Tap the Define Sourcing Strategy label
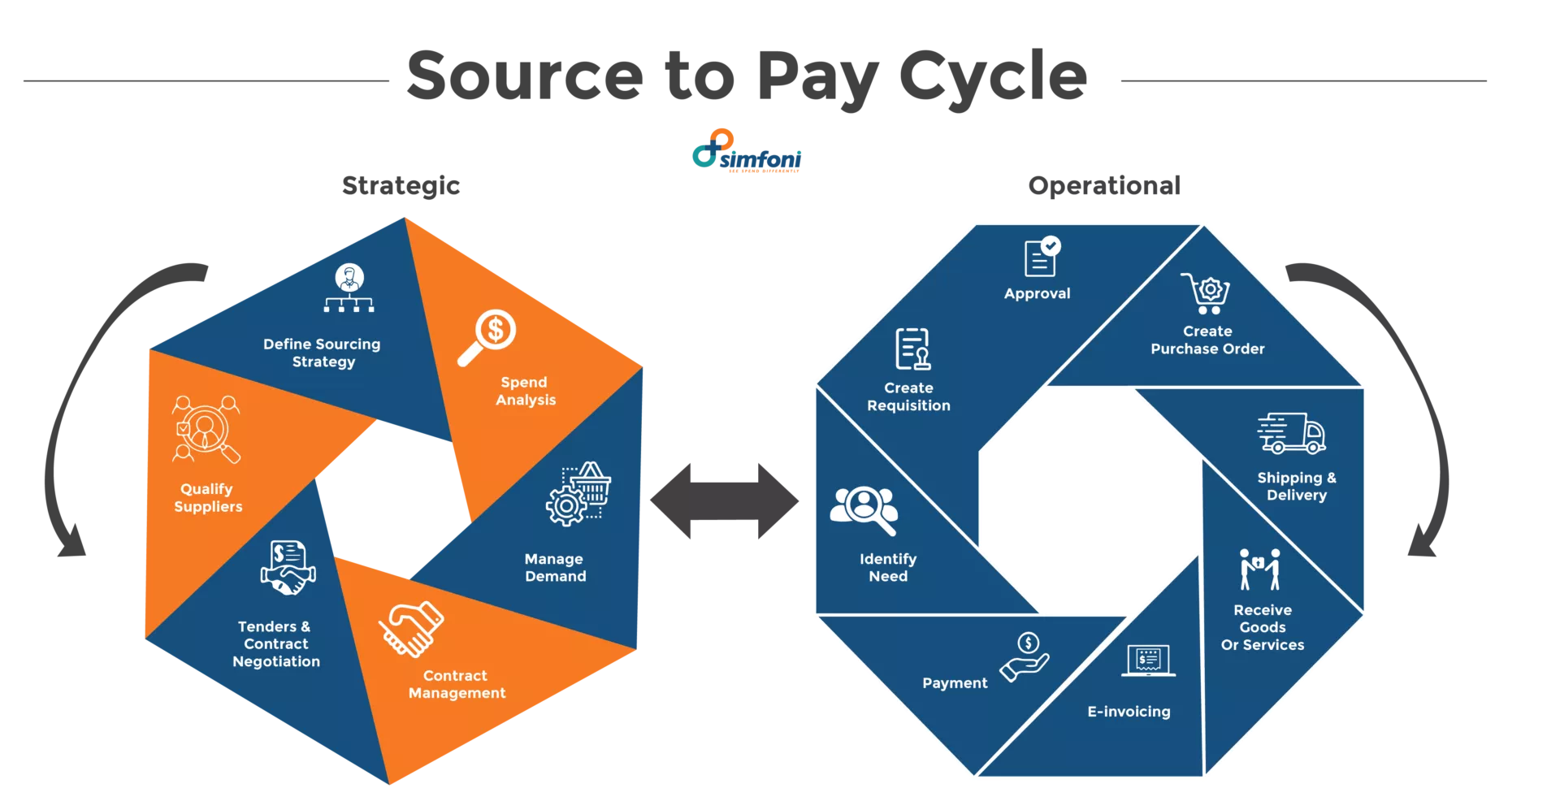pyautogui.click(x=323, y=353)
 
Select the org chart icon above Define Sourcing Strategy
pyautogui.click(x=349, y=288)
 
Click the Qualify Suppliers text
pyautogui.click(x=208, y=497)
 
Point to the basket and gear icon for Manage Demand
pyautogui.click(x=578, y=493)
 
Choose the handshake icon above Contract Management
pyautogui.click(x=411, y=628)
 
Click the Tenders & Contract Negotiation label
pyautogui.click(x=276, y=643)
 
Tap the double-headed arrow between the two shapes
pyautogui.click(x=725, y=504)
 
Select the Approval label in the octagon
pyautogui.click(x=1037, y=293)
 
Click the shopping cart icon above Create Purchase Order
pyautogui.click(x=1206, y=293)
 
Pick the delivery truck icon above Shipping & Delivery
pyautogui.click(x=1291, y=433)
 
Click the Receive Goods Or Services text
pyautogui.click(x=1263, y=627)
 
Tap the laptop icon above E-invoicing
pyautogui.click(x=1148, y=661)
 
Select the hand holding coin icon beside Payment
pyautogui.click(x=1025, y=656)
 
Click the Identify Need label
pyautogui.click(x=888, y=567)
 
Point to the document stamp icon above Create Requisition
pyautogui.click(x=912, y=349)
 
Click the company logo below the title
pyautogui.click(x=746, y=151)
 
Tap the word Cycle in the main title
pyautogui.click(x=994, y=76)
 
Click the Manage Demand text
pyautogui.click(x=555, y=567)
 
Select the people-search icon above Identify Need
pyautogui.click(x=864, y=509)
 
